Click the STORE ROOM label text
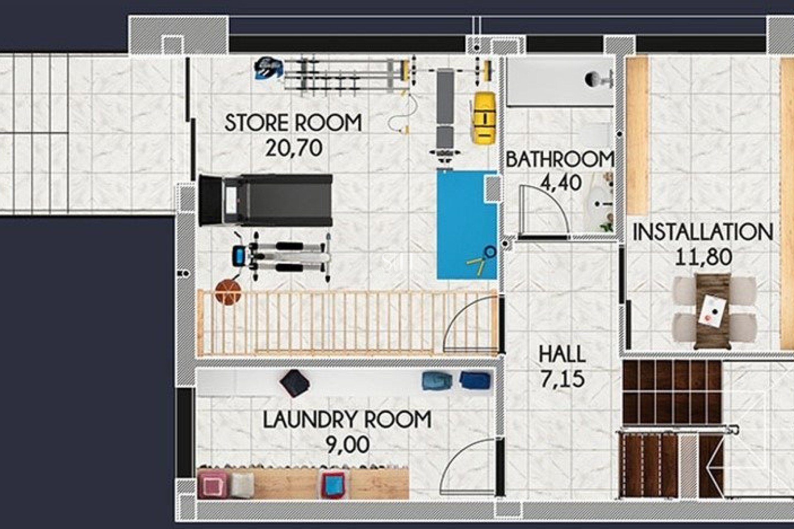(293, 123)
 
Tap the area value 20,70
(294, 148)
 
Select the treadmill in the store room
(265, 200)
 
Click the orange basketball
(228, 292)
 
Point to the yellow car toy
(484, 118)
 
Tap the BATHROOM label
(559, 160)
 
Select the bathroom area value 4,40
(561, 182)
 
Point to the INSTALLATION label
(702, 232)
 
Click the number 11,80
(703, 257)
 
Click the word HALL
(562, 354)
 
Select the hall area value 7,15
(562, 379)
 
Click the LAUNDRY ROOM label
(347, 419)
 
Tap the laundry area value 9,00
(347, 445)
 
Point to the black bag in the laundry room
(294, 383)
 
